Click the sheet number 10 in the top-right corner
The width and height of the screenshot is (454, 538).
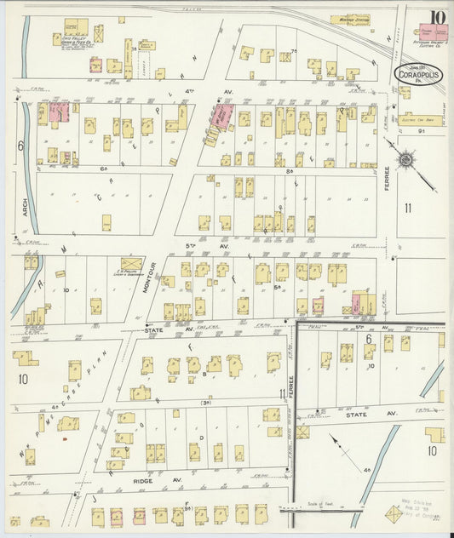pos(437,18)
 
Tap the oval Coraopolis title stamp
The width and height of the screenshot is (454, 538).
pos(418,75)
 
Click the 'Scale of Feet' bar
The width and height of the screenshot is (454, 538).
pos(325,508)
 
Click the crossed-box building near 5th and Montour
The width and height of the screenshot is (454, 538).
pos(132,264)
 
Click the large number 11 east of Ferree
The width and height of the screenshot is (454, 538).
pos(408,207)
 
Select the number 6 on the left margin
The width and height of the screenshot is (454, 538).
pos(18,146)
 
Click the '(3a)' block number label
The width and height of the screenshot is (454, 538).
pos(205,402)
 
